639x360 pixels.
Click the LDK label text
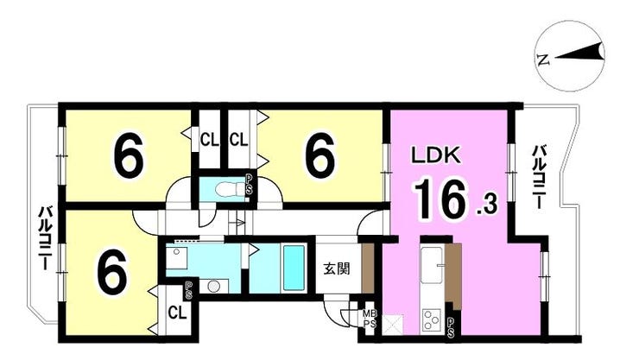[x=435, y=155]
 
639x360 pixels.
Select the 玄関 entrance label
[x=336, y=268]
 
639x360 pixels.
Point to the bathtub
[x=294, y=268]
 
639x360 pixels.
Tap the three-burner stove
[x=432, y=319]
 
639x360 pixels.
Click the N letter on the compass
[x=542, y=60]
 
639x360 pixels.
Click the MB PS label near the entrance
[x=370, y=319]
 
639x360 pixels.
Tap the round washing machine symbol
[x=213, y=287]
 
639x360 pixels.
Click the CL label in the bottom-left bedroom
[x=177, y=313]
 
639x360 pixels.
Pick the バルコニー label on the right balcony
[x=539, y=178]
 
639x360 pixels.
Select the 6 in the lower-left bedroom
[x=112, y=272]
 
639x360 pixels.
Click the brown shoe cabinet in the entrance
[x=369, y=268]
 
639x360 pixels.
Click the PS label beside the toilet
[x=249, y=186]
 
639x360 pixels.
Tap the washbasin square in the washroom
[x=176, y=257]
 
